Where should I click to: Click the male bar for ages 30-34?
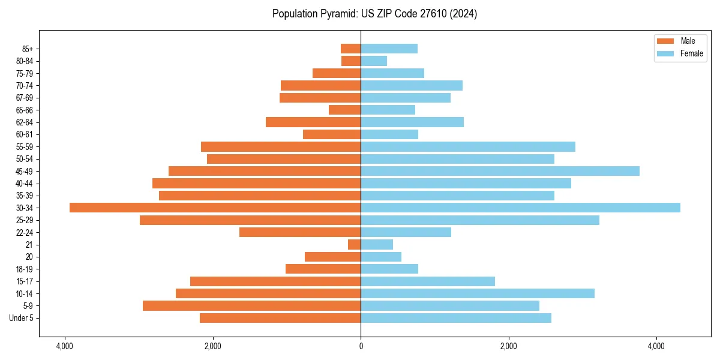(215, 208)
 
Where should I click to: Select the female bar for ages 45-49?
(500, 171)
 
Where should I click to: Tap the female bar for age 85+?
(389, 49)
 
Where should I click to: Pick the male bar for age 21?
(354, 244)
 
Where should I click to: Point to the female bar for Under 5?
(455, 318)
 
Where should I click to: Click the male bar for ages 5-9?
(251, 305)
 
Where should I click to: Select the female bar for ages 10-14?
(477, 293)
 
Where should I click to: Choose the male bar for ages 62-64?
(313, 122)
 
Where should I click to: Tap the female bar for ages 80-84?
(374, 61)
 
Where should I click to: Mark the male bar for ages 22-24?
(300, 232)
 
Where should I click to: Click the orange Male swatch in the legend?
(665, 41)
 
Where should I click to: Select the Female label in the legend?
(691, 53)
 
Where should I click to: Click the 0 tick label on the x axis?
(361, 346)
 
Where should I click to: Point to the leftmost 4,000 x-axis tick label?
(65, 346)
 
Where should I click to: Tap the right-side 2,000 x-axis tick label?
(508, 346)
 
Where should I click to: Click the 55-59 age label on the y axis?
(28, 146)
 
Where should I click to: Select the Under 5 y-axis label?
(22, 318)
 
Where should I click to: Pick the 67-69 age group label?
(28, 98)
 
